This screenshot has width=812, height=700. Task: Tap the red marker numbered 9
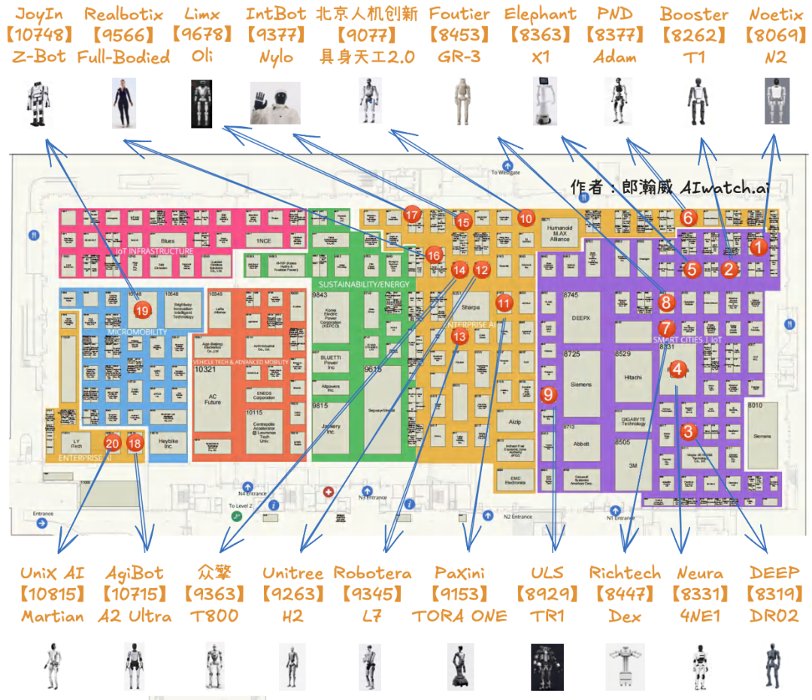pos(549,394)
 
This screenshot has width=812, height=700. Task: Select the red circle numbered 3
pos(688,431)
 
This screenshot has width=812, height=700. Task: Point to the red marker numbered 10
pos(526,218)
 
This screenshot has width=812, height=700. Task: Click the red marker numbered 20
pos(112,443)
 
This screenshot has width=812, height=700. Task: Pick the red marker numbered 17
pos(411,215)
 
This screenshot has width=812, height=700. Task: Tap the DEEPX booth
pos(581,316)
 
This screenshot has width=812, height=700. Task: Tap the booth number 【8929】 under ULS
pos(547,594)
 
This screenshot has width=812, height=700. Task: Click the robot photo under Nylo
pos(274,103)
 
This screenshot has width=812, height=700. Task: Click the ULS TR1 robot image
pos(547,666)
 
